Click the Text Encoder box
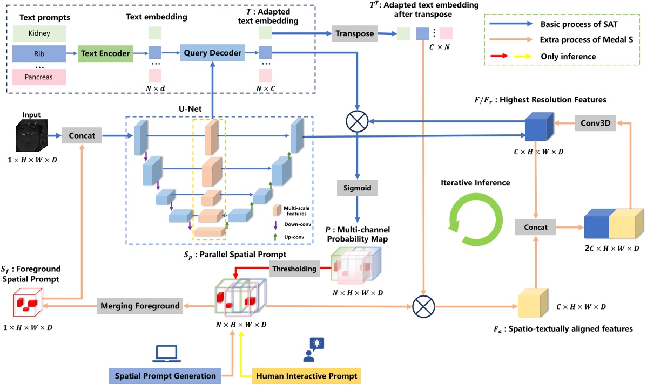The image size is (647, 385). click(106, 53)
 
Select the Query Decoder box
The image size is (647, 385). click(212, 53)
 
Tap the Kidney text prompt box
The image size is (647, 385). click(38, 33)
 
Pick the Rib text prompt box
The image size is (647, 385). click(38, 53)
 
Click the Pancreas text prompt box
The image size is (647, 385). click(38, 77)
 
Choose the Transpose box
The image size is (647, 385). click(354, 33)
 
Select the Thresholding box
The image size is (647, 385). click(294, 268)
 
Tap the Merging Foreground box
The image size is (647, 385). click(139, 306)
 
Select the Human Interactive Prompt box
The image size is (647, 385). click(306, 375)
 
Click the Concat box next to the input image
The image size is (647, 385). click(82, 136)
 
